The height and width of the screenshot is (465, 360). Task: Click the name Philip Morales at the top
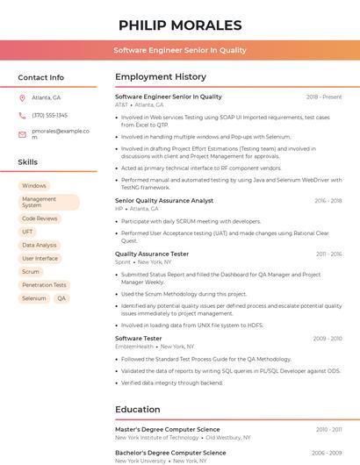(x=180, y=25)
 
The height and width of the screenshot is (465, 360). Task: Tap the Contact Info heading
(x=40, y=77)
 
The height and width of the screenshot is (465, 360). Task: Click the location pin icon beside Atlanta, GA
(x=22, y=97)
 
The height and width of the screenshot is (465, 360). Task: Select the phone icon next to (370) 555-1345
(x=22, y=115)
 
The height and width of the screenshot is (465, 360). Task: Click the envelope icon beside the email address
(x=22, y=134)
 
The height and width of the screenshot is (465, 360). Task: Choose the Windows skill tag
(x=34, y=186)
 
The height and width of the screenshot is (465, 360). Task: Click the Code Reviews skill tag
(x=40, y=218)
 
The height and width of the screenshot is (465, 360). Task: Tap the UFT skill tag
(x=28, y=232)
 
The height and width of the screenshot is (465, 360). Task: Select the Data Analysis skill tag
(x=40, y=246)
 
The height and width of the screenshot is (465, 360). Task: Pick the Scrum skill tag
(x=31, y=272)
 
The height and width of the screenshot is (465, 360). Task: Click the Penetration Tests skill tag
(x=44, y=285)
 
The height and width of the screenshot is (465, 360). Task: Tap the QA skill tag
(x=61, y=298)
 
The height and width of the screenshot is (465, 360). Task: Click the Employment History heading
(x=161, y=77)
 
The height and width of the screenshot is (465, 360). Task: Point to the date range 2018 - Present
(x=323, y=97)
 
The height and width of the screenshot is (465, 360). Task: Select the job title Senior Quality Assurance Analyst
(x=164, y=200)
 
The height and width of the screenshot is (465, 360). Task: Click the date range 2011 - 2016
(x=328, y=254)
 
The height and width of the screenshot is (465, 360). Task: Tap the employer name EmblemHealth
(x=134, y=346)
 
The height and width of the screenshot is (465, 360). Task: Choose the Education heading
(x=138, y=410)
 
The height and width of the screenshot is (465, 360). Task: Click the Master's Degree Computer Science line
(x=167, y=429)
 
